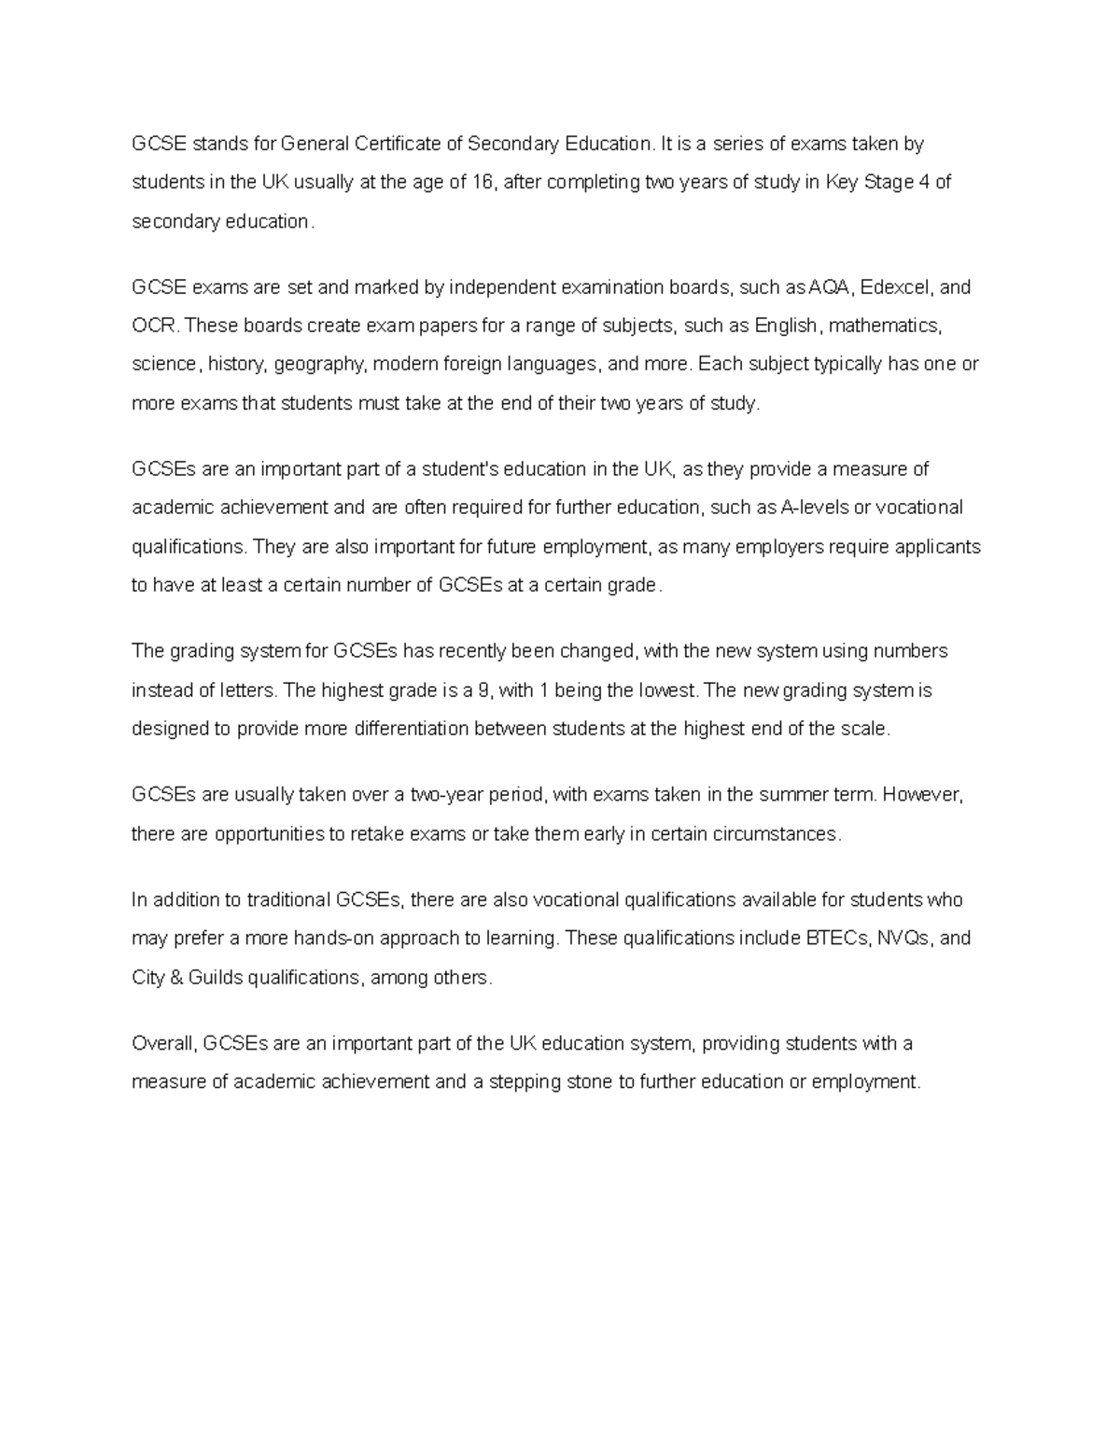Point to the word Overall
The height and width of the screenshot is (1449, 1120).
(x=164, y=1043)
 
